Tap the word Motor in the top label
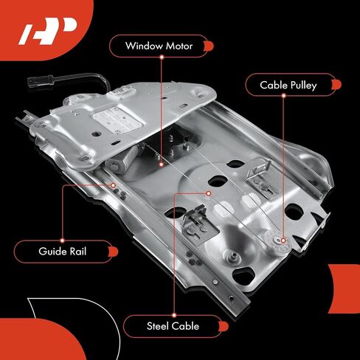tap(179, 46)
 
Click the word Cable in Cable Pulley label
tap(274, 85)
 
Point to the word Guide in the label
tap(52, 251)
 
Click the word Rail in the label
tap(78, 251)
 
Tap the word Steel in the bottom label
tap(159, 326)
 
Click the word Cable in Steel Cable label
tap(186, 326)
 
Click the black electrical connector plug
tap(40, 81)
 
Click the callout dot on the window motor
tap(162, 165)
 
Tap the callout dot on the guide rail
tap(113, 185)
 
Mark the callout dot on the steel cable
tap(209, 193)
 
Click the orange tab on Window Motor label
tap(209, 46)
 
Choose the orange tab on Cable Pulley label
tap(336, 85)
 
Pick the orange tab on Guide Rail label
tap(114, 252)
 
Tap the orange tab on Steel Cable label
tap(224, 326)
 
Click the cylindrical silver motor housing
tap(120, 162)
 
